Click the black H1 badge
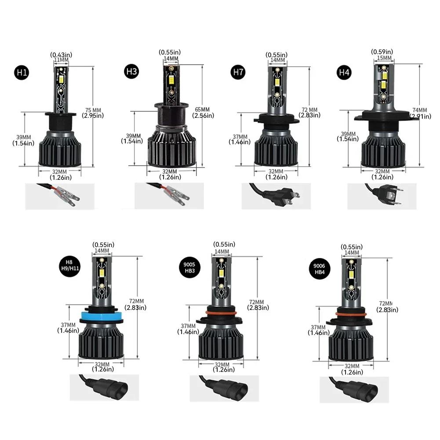coord(22,72)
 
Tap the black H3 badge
coord(131,72)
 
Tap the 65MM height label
coord(203,109)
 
